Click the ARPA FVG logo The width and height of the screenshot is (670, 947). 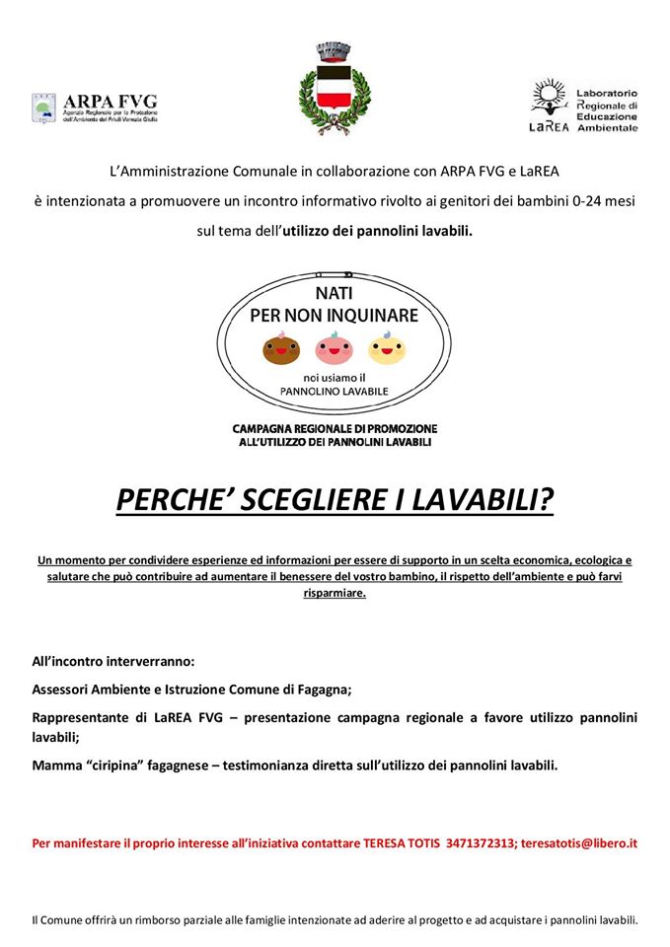94,107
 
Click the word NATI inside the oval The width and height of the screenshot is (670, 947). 334,294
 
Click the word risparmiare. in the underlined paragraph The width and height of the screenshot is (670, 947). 335,594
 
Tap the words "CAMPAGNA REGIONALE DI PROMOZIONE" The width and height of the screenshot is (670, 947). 335,429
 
